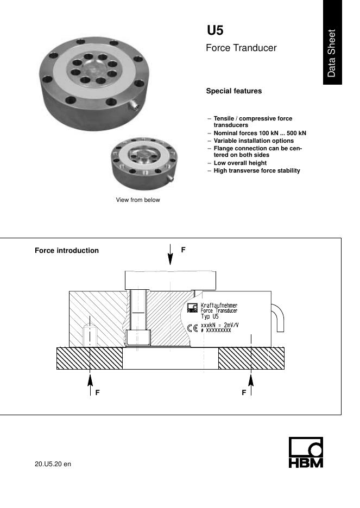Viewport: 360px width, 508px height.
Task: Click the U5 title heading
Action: pyautogui.click(x=215, y=30)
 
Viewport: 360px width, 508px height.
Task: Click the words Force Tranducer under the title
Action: pyautogui.click(x=241, y=48)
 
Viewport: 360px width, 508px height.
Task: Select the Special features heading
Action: pyautogui.click(x=233, y=91)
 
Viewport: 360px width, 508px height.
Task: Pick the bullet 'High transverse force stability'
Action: pyautogui.click(x=257, y=170)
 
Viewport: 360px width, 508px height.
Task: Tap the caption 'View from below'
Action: pyautogui.click(x=138, y=200)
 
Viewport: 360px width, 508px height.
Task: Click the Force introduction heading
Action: pyautogui.click(x=67, y=251)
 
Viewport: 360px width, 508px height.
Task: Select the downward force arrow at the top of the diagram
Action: pyautogui.click(x=170, y=255)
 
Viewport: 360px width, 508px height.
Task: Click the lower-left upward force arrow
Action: pyautogui.click(x=91, y=383)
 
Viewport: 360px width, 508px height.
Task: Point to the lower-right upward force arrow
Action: pyautogui.click(x=251, y=383)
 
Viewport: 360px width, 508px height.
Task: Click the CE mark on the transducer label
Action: pyautogui.click(x=192, y=328)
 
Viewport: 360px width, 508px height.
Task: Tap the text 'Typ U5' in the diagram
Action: pyautogui.click(x=211, y=316)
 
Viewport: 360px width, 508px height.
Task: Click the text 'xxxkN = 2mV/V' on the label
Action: pyautogui.click(x=220, y=325)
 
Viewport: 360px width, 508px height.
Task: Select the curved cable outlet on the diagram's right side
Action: pyautogui.click(x=278, y=317)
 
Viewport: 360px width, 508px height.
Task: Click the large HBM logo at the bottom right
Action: pyautogui.click(x=305, y=453)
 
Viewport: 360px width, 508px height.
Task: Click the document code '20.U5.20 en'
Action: pyautogui.click(x=53, y=465)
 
